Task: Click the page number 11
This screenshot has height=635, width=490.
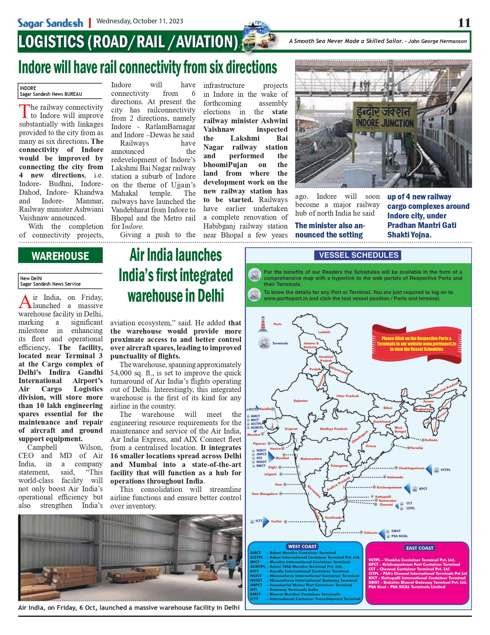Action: tap(464, 23)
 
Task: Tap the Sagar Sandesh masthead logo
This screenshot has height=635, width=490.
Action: tap(50, 23)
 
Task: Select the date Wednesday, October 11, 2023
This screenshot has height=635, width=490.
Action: tap(140, 21)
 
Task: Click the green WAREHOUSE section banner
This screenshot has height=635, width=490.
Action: tap(60, 256)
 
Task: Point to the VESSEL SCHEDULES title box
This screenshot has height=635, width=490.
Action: tap(358, 255)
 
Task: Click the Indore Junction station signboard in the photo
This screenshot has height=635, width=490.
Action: tap(384, 117)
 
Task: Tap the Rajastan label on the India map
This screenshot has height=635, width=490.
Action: tap(300, 401)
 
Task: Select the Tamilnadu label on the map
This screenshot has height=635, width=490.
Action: tap(333, 518)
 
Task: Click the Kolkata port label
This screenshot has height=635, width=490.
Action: tap(431, 440)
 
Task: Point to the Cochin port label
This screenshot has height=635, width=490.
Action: tap(276, 521)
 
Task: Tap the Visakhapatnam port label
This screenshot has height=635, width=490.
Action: tap(411, 468)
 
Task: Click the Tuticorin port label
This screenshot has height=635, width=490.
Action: tap(370, 533)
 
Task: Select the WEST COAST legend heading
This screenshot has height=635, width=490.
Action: tap(302, 547)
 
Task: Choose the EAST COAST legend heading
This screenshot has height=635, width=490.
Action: tap(420, 548)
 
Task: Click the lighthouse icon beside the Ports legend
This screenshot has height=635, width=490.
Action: tap(263, 324)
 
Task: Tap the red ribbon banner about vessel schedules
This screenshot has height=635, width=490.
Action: tap(417, 344)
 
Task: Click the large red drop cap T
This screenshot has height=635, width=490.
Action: tap(24, 111)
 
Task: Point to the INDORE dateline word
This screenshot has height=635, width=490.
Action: tap(28, 88)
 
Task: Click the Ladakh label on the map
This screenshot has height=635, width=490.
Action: tap(324, 332)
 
